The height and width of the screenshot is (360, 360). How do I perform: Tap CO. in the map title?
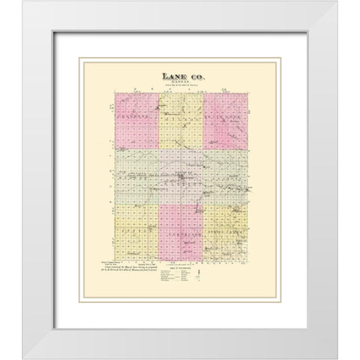click(x=196, y=75)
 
